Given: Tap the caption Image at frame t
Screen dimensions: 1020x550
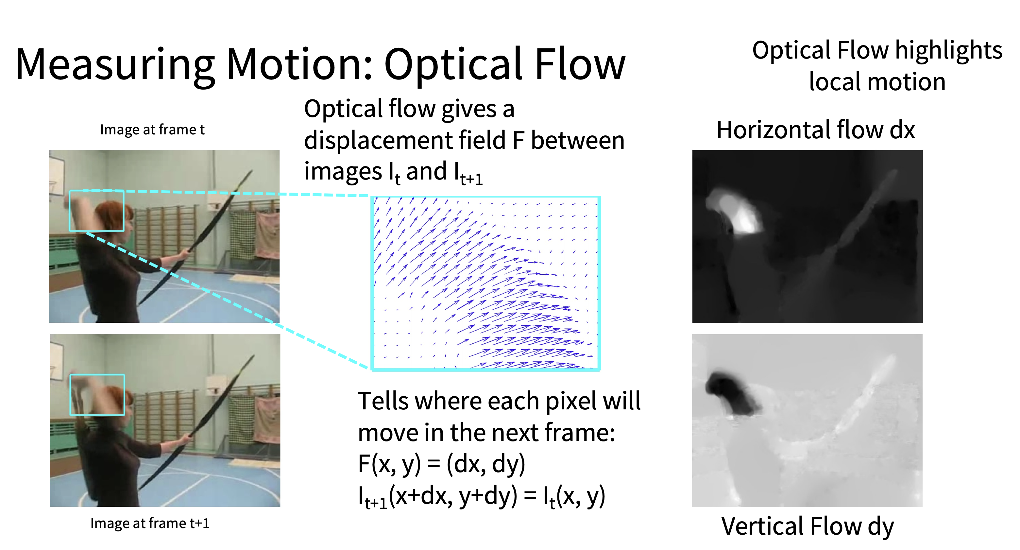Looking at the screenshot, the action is click(152, 130).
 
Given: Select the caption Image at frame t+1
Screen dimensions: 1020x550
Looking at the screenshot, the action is click(150, 524).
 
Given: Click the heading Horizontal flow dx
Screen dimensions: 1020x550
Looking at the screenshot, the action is click(816, 130).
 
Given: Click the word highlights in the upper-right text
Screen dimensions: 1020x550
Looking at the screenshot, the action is click(949, 51).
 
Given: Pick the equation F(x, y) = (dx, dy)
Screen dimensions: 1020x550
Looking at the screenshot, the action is click(441, 464).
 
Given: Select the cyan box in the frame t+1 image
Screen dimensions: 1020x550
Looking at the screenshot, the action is click(97, 375).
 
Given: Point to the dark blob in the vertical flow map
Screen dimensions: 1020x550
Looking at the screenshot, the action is click(731, 392).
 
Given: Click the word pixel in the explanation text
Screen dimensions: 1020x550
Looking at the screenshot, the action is click(570, 402).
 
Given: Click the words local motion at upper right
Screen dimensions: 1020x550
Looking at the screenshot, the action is click(877, 82).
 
